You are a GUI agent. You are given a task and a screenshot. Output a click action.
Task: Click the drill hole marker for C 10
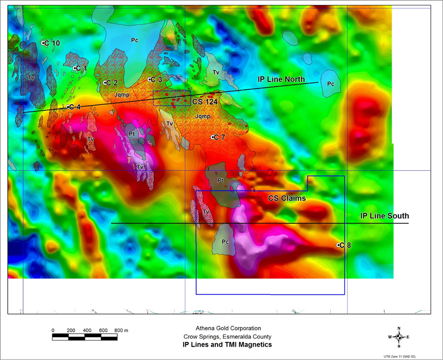coord(44,43)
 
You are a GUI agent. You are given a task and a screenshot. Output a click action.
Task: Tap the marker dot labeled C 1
coord(75,68)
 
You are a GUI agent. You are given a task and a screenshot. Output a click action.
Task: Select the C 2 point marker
coord(105,83)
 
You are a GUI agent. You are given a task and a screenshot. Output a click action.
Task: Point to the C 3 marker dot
coord(149,80)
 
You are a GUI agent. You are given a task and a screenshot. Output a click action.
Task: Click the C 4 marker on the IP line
coord(68,107)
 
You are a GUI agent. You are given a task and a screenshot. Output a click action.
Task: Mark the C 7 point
coord(212,137)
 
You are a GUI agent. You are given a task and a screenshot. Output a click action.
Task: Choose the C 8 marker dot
coord(338,245)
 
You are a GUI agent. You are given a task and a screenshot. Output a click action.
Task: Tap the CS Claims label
coord(287,199)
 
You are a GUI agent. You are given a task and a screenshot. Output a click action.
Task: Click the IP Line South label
coord(384,216)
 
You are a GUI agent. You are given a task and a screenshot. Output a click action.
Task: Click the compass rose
coord(398,337)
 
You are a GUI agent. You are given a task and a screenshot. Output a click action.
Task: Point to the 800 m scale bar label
coord(121,330)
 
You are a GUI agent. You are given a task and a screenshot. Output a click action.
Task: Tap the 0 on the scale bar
coord(53,330)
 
